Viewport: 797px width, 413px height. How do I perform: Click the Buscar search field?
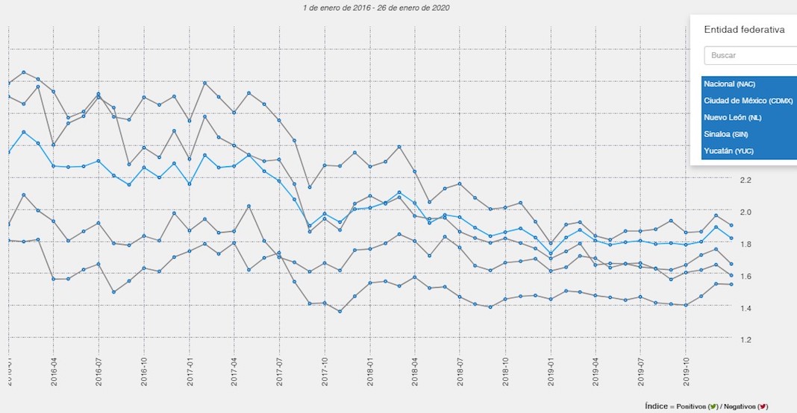click(x=750, y=55)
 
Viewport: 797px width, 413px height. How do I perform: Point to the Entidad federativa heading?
click(x=744, y=30)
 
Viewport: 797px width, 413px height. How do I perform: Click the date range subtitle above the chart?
click(x=376, y=7)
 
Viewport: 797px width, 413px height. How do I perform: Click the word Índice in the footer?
click(x=657, y=407)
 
